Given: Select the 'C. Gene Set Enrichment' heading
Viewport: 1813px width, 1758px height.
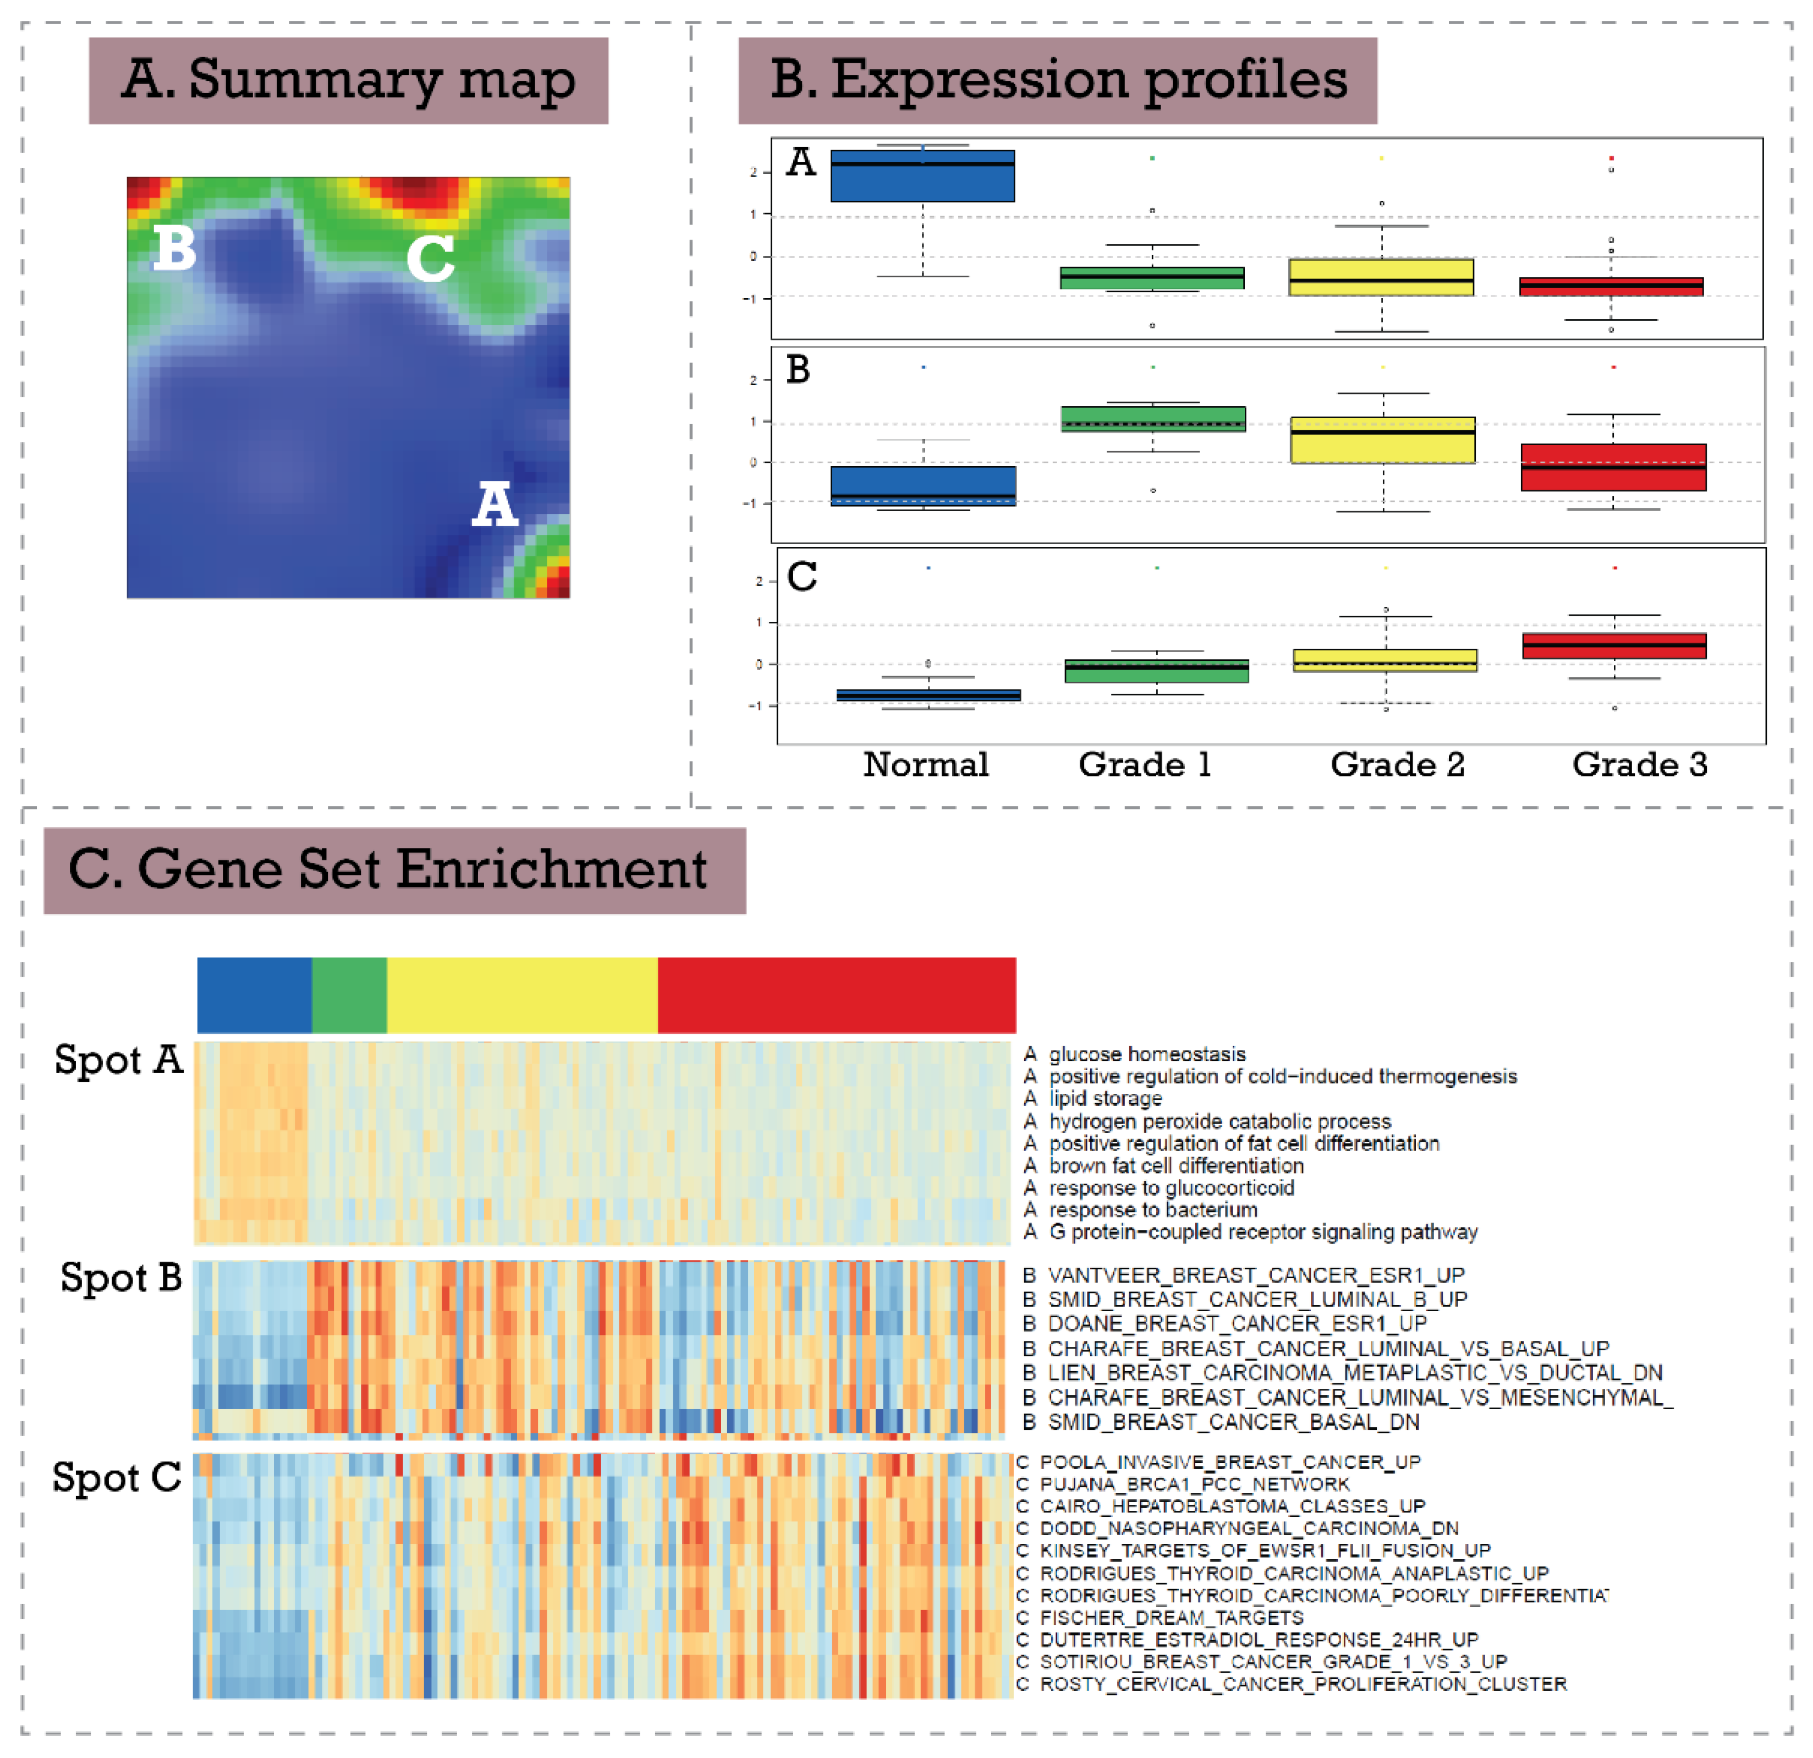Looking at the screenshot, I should coord(388,870).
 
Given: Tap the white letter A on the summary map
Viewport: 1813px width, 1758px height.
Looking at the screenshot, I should coord(495,505).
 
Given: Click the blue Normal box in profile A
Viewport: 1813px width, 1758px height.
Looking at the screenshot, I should coord(922,176).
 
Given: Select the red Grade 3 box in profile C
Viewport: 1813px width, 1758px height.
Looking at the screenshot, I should coord(1613,646).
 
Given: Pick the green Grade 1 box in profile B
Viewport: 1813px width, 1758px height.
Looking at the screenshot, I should coord(1152,419).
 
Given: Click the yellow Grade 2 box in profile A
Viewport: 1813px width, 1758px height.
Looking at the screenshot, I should coord(1381,277).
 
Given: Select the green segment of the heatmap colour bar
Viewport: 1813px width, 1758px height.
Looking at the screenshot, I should coord(349,995).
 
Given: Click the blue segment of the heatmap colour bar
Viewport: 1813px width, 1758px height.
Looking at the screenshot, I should coord(254,995).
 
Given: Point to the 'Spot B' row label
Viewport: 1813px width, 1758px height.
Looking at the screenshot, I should coord(121,1278).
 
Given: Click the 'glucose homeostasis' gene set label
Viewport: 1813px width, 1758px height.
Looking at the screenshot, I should coord(1147,1054).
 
